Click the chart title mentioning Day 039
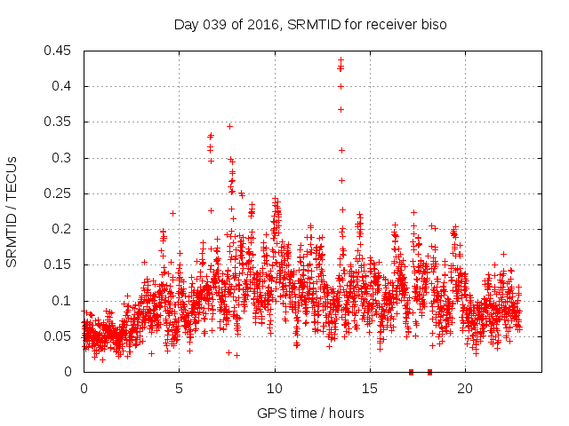pos(309,24)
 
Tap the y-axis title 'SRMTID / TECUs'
pos(12,211)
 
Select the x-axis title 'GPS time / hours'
pos(310,413)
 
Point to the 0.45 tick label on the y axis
pos(59,51)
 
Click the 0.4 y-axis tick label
pos(64,86)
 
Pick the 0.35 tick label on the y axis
pos(59,122)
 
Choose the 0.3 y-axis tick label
pos(64,158)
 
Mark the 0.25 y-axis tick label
pos(59,193)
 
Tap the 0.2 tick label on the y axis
pos(64,229)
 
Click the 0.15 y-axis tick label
pos(59,264)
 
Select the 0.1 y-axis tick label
pos(64,301)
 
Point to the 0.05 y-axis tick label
pos(59,336)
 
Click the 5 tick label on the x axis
pos(179,388)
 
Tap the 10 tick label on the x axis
pos(275,388)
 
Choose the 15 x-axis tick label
pos(370,388)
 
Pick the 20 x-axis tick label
pos(465,388)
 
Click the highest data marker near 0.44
pos(341,60)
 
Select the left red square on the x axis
pos(411,372)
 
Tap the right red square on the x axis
pos(430,372)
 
